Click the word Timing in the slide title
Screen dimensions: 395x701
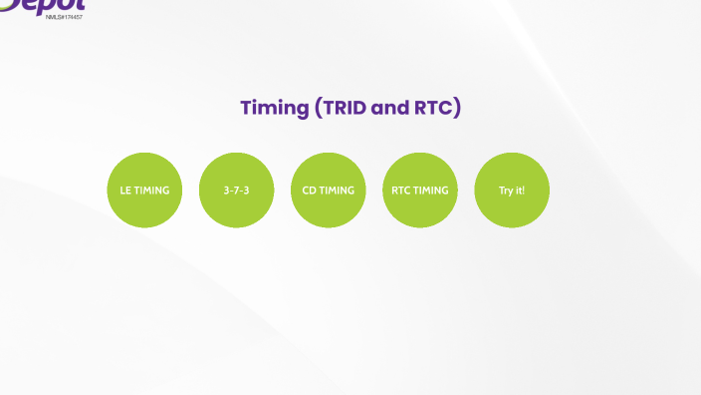274,108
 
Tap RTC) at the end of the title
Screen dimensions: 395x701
437,108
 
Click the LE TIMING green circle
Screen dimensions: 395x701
144,190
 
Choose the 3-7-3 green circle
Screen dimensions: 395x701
236,190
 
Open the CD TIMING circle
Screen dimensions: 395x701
328,190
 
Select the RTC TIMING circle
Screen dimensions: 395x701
419,190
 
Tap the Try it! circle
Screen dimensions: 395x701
512,190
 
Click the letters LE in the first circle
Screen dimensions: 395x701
125,191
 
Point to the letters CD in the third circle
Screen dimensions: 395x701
309,191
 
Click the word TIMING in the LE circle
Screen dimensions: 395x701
152,191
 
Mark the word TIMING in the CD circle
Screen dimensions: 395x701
337,191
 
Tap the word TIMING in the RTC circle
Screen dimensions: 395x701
430,191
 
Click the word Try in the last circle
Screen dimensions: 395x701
506,191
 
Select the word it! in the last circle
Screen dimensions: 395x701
520,191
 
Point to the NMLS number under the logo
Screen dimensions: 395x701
64,17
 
